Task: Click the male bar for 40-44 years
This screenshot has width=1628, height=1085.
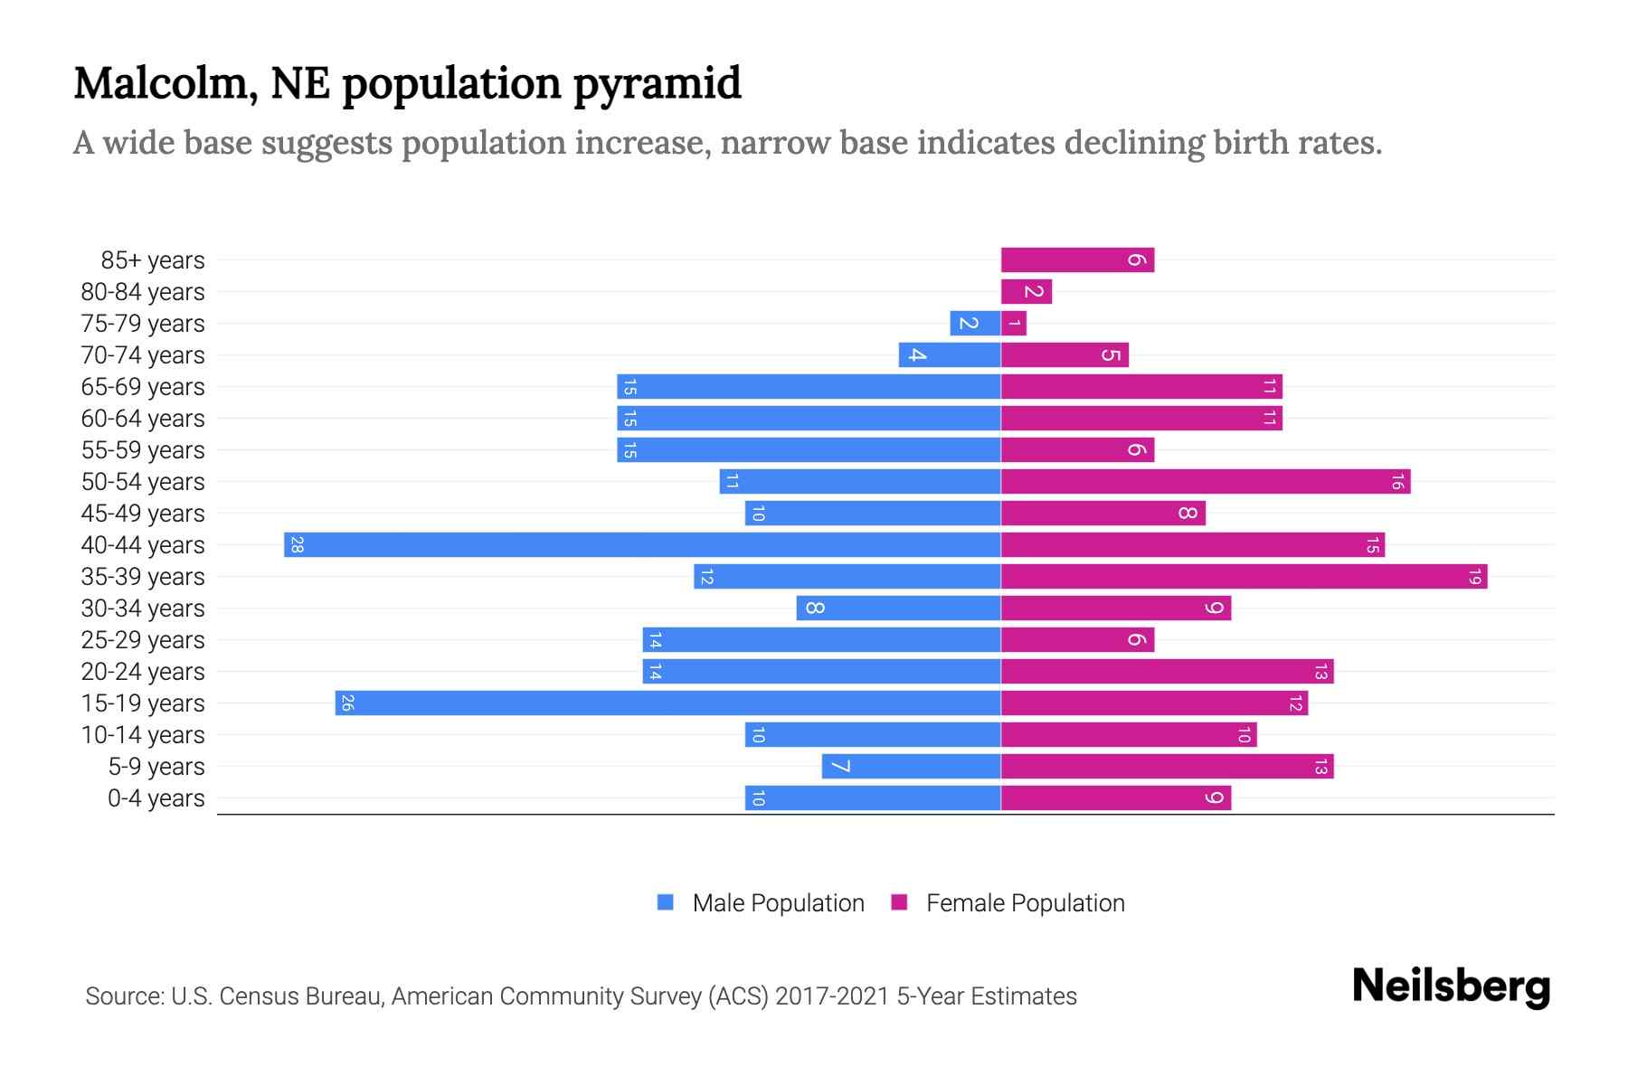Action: click(x=642, y=544)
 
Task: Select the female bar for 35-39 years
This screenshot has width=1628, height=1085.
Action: click(x=1244, y=576)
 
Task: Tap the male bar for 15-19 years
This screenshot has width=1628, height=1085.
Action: click(x=667, y=703)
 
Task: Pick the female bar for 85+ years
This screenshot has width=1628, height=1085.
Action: click(x=1076, y=260)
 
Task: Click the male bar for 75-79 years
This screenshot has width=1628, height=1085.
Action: click(x=975, y=323)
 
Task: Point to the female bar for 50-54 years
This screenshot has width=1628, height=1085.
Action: click(x=1205, y=481)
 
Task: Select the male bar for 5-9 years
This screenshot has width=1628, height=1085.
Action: click(x=911, y=766)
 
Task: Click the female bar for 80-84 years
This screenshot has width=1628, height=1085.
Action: click(x=1026, y=291)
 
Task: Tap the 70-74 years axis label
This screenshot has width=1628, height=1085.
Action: click(x=143, y=355)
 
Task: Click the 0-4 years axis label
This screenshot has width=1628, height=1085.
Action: click(x=156, y=798)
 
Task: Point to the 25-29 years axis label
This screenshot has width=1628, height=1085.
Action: click(x=143, y=640)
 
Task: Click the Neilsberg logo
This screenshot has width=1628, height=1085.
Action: click(x=1451, y=986)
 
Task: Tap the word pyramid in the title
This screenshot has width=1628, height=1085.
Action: click(x=657, y=83)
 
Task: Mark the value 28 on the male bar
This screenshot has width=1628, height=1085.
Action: click(x=297, y=544)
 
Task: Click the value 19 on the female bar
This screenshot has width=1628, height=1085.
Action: click(x=1474, y=576)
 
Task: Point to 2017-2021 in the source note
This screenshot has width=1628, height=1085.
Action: click(x=831, y=996)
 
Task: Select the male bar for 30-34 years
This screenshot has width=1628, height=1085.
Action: click(x=898, y=608)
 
